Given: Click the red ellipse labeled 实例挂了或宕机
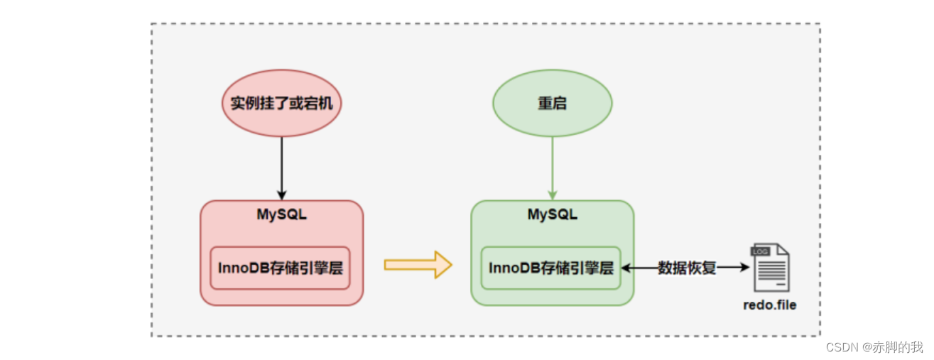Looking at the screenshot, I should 281,104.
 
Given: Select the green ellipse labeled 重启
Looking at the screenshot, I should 552,104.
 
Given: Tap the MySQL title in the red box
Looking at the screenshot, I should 281,214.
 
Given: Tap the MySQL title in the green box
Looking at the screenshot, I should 552,214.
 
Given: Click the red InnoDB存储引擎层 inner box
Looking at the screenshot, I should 281,268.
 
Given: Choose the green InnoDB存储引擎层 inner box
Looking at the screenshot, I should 550,268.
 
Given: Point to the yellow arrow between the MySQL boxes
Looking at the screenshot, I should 418,265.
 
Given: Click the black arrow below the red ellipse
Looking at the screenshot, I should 281,167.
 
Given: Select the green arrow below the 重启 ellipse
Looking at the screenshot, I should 552,167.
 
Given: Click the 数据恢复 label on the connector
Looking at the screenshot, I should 686,268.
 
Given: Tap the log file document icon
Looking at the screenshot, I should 770,268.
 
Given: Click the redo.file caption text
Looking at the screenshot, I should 770,305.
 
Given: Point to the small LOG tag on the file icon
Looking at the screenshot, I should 759,251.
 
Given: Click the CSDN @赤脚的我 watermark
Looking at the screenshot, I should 874,347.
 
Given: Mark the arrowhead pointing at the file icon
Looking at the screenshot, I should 745,268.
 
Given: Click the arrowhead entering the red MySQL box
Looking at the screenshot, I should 281,195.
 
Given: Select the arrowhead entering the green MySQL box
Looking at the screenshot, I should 552,195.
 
